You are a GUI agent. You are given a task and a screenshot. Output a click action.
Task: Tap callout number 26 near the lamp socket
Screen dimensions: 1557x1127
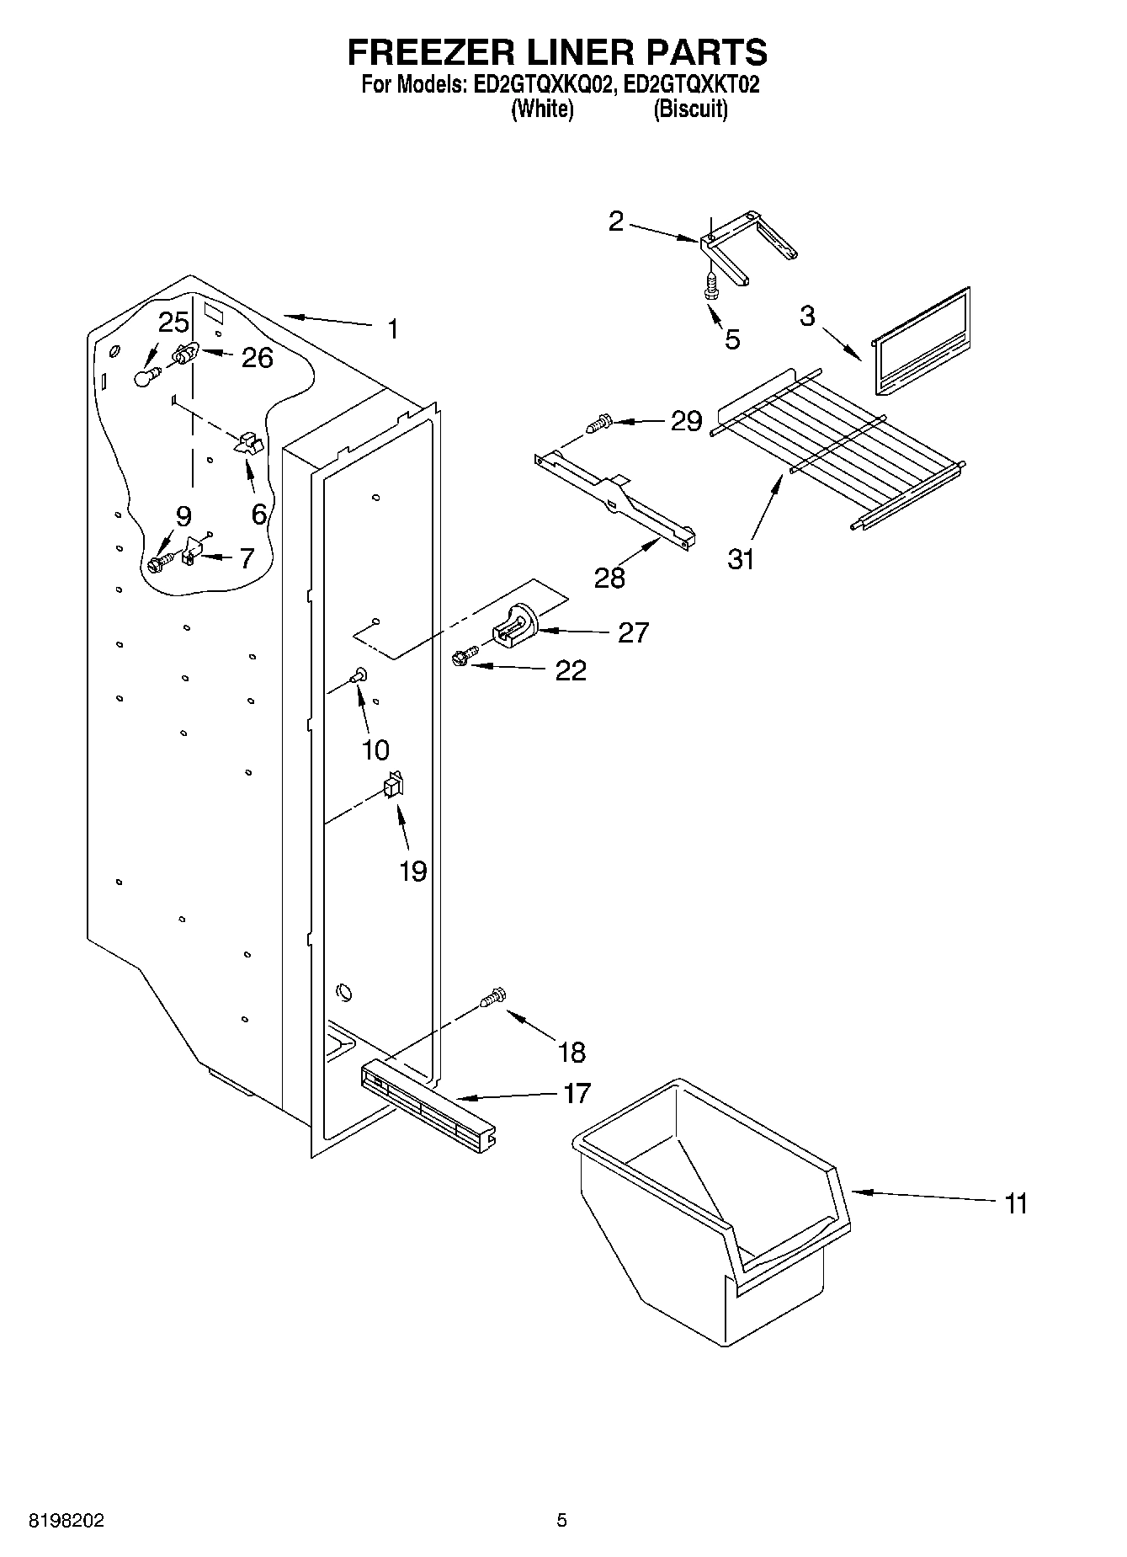click(257, 358)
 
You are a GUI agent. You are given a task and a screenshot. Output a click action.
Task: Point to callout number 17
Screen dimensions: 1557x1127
click(577, 1093)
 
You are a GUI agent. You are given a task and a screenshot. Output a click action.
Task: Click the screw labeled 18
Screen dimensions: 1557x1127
click(492, 999)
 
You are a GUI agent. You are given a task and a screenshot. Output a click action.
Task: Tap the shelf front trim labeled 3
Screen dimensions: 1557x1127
click(922, 340)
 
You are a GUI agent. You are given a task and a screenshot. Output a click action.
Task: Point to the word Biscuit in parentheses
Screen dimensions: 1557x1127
click(690, 109)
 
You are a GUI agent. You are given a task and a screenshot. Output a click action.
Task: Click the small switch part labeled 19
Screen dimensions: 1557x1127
click(392, 786)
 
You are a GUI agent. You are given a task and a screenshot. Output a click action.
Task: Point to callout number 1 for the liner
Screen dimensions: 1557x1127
click(392, 328)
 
